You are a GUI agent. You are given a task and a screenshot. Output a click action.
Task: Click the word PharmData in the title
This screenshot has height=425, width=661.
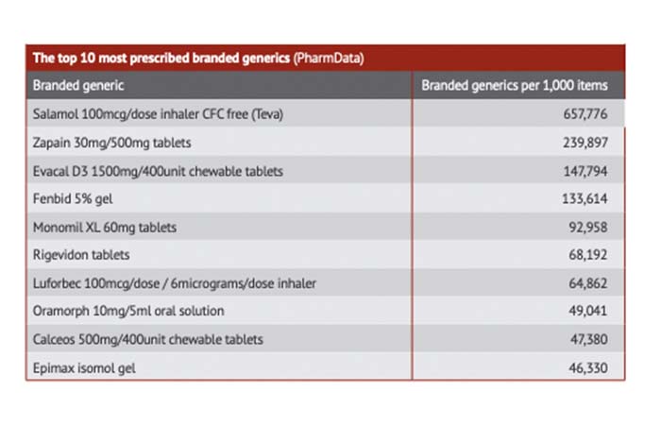click(x=329, y=59)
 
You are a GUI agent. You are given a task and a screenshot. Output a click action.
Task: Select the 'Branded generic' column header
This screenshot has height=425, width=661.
click(x=78, y=86)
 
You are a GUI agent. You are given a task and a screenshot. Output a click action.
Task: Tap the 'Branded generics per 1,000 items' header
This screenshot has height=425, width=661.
click(x=515, y=86)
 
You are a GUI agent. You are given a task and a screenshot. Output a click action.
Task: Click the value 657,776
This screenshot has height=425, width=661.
click(x=585, y=114)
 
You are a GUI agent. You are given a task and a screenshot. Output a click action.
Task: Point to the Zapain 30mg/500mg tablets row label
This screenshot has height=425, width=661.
click(x=111, y=143)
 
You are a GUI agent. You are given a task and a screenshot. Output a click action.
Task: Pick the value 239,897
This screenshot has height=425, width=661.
click(x=585, y=143)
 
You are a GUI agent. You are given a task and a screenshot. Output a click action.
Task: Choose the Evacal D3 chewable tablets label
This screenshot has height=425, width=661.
click(x=158, y=171)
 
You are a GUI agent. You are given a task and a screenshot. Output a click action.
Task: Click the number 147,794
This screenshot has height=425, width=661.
click(x=585, y=171)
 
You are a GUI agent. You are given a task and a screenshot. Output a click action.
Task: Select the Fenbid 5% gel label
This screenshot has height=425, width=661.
click(x=73, y=198)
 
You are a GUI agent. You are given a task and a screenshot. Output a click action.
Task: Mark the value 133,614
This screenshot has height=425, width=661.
click(x=585, y=198)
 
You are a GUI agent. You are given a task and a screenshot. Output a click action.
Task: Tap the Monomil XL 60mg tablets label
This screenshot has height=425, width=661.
click(x=105, y=228)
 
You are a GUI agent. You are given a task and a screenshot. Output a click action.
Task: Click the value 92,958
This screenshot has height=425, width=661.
click(x=588, y=228)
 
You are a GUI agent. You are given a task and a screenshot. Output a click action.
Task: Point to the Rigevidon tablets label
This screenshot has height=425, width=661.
click(x=81, y=255)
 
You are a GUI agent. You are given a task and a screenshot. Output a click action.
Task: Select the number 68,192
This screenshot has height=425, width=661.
click(x=588, y=255)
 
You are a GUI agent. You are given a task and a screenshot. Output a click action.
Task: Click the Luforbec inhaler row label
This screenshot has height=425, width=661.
click(x=175, y=283)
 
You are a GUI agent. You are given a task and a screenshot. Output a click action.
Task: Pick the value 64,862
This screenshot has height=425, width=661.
click(x=588, y=283)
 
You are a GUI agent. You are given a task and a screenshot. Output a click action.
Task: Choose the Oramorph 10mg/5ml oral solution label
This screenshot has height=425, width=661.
click(x=128, y=311)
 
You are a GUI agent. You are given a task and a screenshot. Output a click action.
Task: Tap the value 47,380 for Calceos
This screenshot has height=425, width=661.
click(x=589, y=339)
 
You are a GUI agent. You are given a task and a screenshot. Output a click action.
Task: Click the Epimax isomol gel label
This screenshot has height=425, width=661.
click(x=84, y=368)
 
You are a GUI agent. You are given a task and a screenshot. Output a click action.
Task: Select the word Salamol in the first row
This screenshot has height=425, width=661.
click(x=55, y=114)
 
